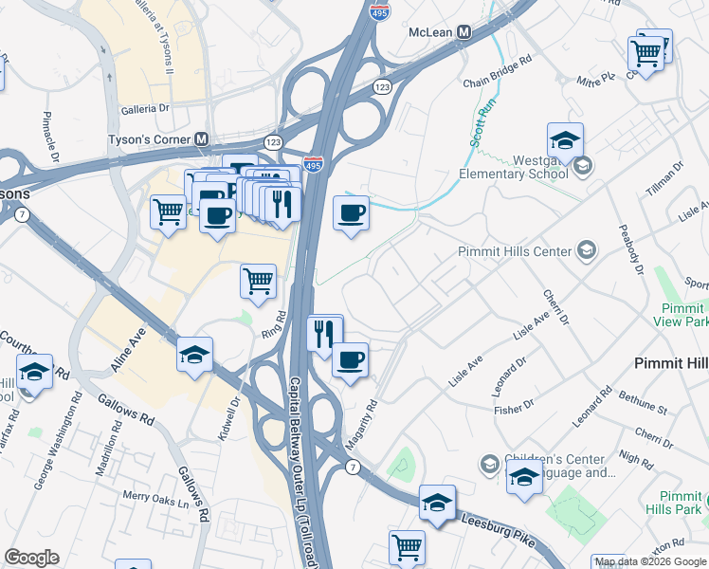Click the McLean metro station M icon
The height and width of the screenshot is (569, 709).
(x=464, y=31)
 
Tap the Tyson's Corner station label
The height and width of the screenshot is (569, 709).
(x=147, y=139)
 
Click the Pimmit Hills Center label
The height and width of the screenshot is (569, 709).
(x=514, y=251)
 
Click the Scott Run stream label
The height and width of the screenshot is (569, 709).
(x=482, y=123)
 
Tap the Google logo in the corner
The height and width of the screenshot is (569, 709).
(x=31, y=558)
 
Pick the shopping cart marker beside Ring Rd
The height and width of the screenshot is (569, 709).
(x=259, y=281)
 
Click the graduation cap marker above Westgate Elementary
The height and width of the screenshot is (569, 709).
(x=565, y=140)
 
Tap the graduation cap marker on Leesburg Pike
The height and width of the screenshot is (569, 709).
(x=437, y=503)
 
